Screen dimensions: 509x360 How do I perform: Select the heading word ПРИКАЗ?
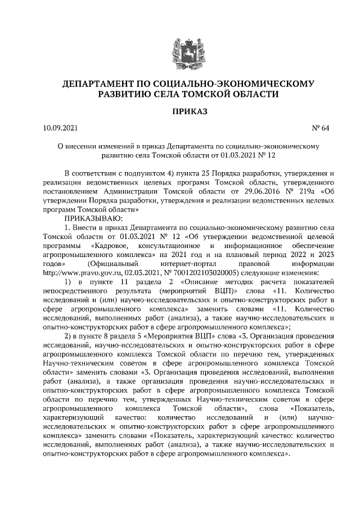[x=180, y=112]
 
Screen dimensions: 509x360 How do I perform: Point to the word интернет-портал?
[x=186, y=263]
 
